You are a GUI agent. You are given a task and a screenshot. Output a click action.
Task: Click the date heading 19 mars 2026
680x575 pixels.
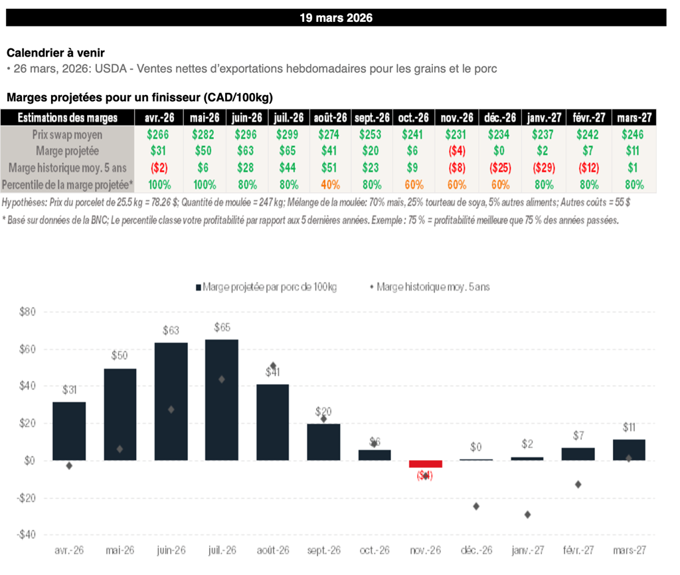(x=336, y=18)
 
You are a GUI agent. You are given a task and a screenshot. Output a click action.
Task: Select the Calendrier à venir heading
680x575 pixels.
(x=55, y=53)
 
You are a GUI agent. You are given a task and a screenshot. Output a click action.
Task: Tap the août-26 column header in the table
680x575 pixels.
(x=329, y=118)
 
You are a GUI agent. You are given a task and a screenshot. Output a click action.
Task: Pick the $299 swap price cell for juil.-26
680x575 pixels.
(x=288, y=134)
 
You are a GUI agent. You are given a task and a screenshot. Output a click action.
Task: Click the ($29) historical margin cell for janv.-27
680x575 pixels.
(x=544, y=168)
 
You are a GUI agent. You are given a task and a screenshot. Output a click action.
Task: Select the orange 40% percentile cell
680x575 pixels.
(x=329, y=184)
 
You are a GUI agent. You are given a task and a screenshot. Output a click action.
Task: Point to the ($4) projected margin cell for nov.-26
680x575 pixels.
(x=457, y=151)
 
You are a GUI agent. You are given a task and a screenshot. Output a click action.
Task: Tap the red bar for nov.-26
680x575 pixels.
(x=425, y=464)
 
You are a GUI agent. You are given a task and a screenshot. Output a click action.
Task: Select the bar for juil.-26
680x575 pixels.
(x=222, y=400)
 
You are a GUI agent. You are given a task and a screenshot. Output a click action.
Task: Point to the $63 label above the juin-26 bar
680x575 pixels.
(x=171, y=330)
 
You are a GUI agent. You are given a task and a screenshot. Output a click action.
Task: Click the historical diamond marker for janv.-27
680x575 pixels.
(x=527, y=515)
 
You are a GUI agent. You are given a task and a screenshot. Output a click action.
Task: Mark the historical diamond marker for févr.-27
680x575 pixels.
(x=578, y=485)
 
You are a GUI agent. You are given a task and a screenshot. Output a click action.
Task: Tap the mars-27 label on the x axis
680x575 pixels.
(x=629, y=551)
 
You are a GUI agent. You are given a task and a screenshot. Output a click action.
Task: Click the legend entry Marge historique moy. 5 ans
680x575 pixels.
(x=431, y=287)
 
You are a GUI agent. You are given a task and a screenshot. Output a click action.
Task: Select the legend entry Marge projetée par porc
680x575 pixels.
(x=266, y=287)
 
